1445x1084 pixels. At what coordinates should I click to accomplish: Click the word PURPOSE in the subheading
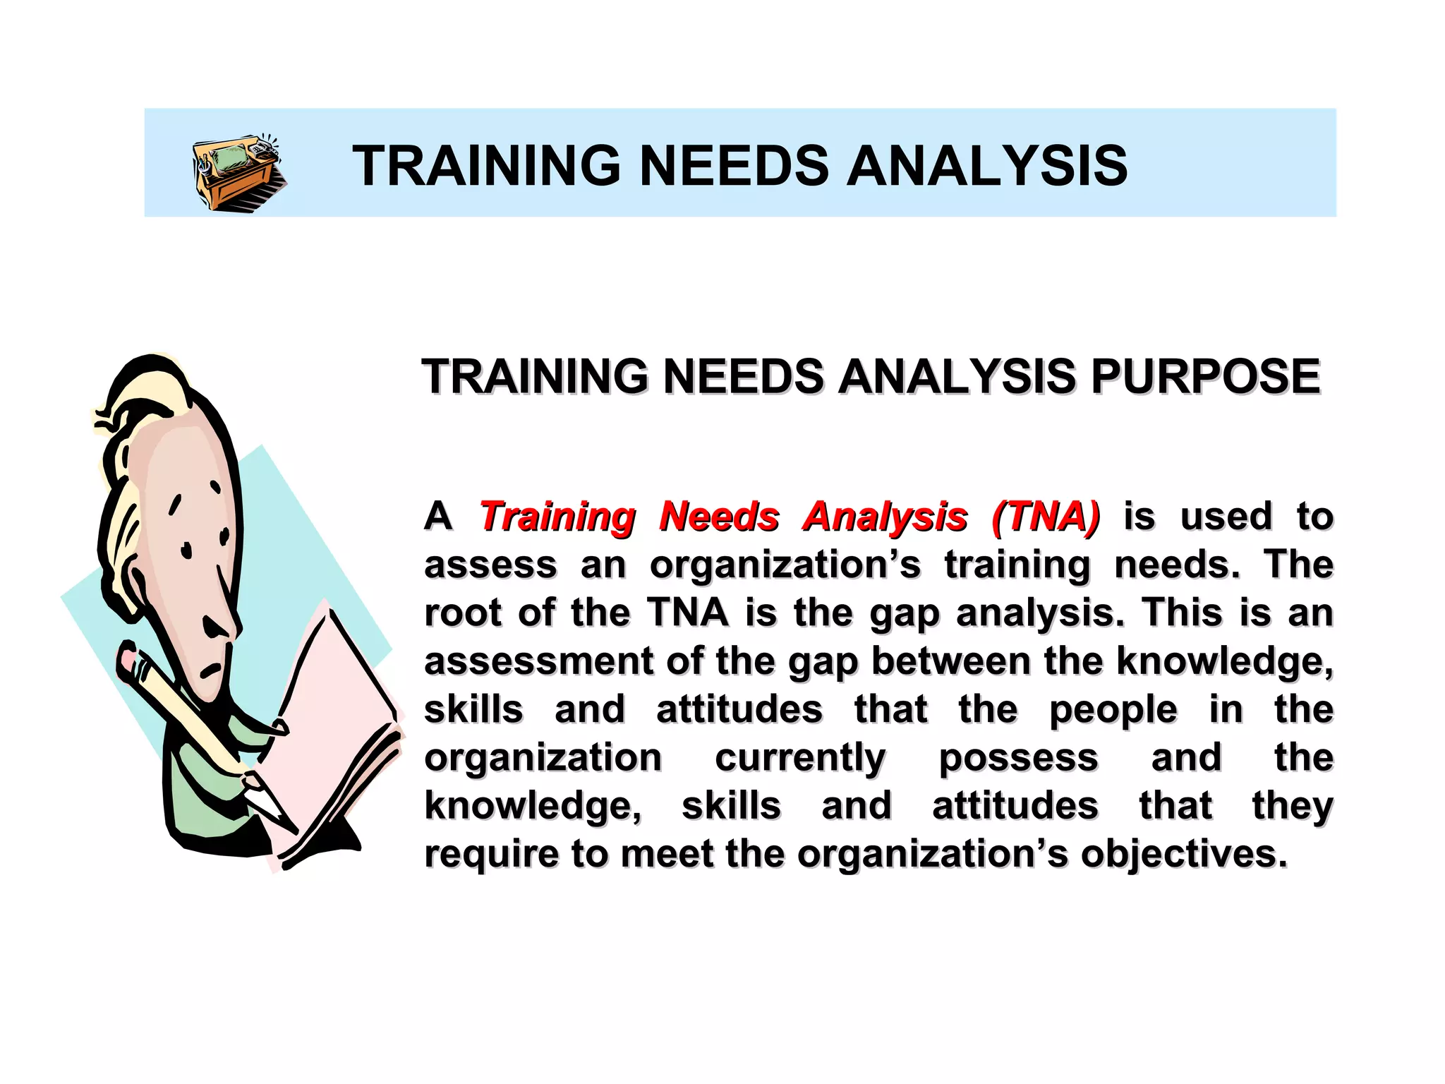pyautogui.click(x=1205, y=376)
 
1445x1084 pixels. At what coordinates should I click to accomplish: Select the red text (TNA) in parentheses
pyautogui.click(x=1045, y=517)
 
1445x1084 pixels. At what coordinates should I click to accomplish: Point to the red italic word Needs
pyautogui.click(x=719, y=517)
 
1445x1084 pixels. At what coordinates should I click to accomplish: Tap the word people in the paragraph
pyautogui.click(x=1113, y=710)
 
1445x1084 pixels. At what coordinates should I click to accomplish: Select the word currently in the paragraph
pyautogui.click(x=800, y=758)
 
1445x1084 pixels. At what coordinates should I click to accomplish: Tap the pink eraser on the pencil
pyautogui.click(x=128, y=660)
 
